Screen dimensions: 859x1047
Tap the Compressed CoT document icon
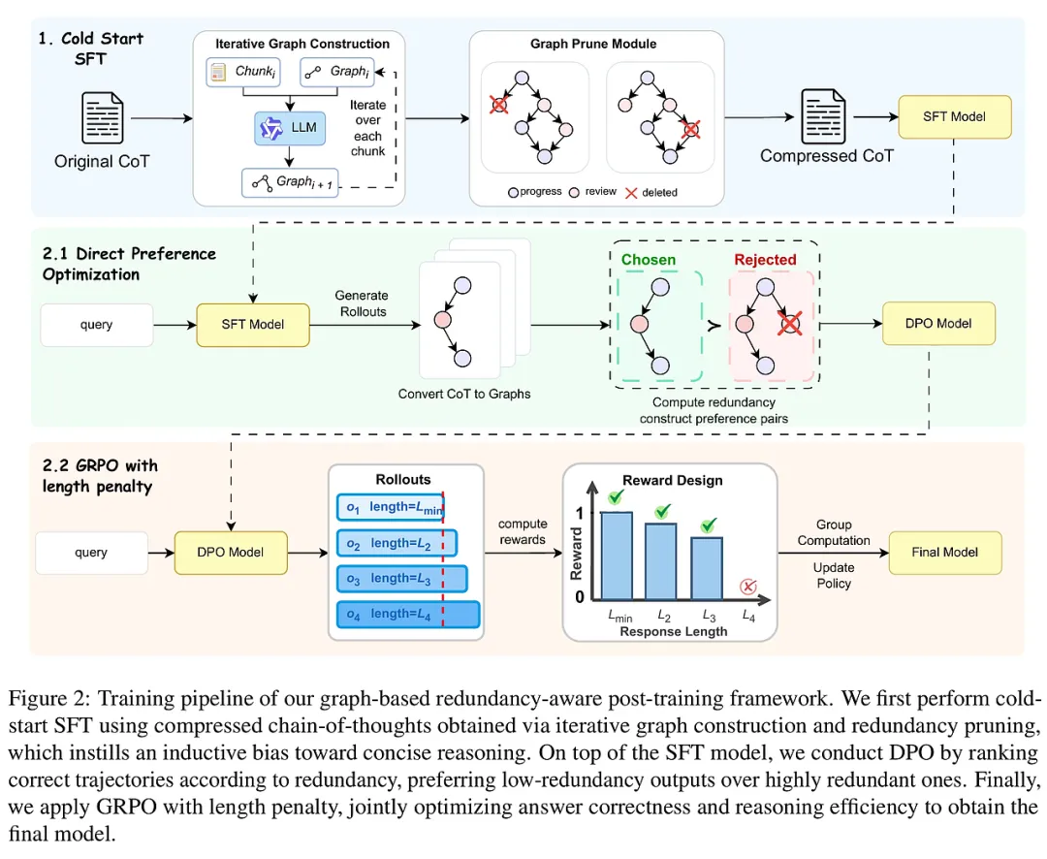[824, 116]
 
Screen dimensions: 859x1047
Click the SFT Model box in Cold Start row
[955, 116]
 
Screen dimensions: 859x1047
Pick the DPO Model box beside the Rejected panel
[938, 323]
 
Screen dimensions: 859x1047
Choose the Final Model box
[944, 553]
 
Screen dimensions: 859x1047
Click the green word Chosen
[649, 260]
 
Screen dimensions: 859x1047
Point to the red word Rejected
[765, 260]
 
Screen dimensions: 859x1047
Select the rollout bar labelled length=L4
[408, 614]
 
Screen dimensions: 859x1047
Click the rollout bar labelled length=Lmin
[391, 507]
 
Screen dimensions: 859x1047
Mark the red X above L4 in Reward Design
[747, 586]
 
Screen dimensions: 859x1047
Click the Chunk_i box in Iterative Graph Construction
[241, 71]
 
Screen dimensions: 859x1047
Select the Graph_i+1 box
[291, 181]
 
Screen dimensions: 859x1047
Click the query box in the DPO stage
[96, 325]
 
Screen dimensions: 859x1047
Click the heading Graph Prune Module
[593, 44]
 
